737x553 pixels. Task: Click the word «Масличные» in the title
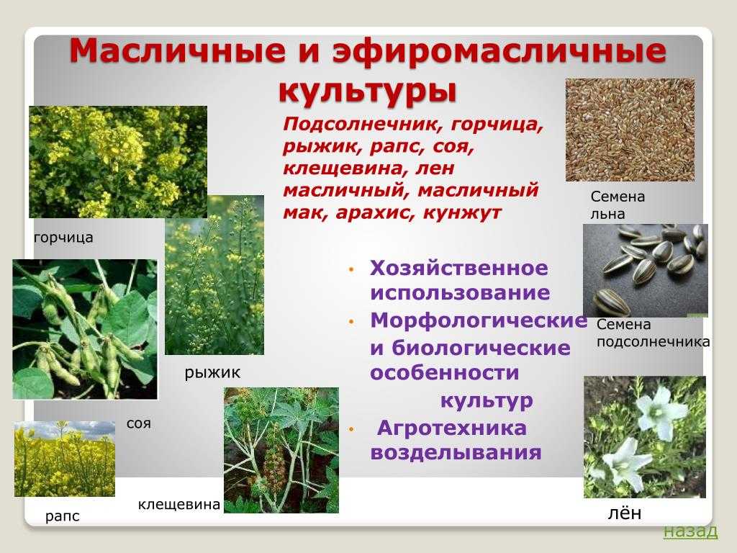pos(178,50)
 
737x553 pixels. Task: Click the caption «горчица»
pos(63,238)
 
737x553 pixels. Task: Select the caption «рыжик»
pos(212,373)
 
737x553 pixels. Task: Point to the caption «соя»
pos(139,423)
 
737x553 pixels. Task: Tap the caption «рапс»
pos(63,516)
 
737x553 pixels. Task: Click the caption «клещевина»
pos(179,505)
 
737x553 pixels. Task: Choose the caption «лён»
pos(625,513)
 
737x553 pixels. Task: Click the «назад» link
pos(690,531)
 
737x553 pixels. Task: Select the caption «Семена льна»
pos(618,205)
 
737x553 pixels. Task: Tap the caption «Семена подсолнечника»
pos(654,333)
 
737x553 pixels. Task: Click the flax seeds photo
pos(630,130)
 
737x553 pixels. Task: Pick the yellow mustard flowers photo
pos(118,162)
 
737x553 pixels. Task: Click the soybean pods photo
pos(85,329)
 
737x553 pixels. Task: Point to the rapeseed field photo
pos(65,459)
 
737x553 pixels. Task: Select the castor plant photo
pos(281,450)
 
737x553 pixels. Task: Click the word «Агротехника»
pos(452,428)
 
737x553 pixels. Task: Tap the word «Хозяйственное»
pos(459,269)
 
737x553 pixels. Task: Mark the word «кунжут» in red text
pos(463,213)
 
